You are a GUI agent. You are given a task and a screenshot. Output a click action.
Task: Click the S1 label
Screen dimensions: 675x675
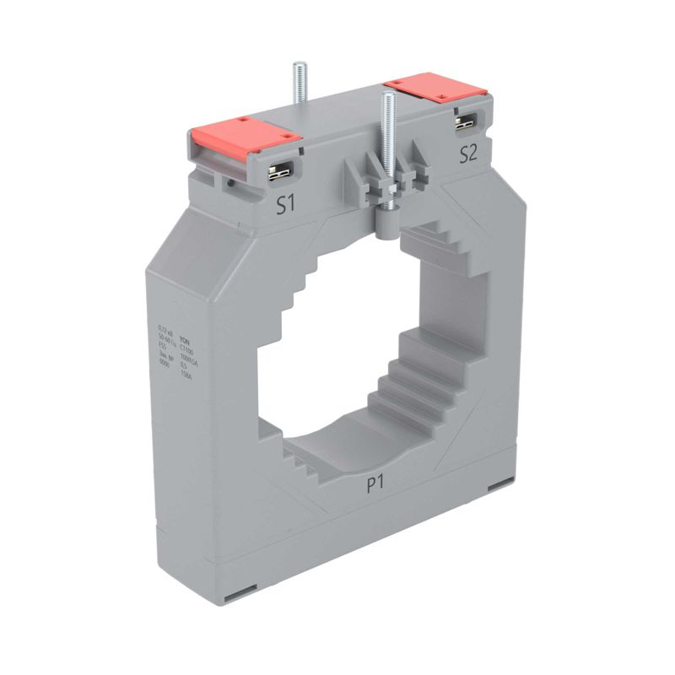coord(287,205)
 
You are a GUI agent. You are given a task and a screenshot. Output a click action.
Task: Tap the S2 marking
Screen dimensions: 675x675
coord(468,153)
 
